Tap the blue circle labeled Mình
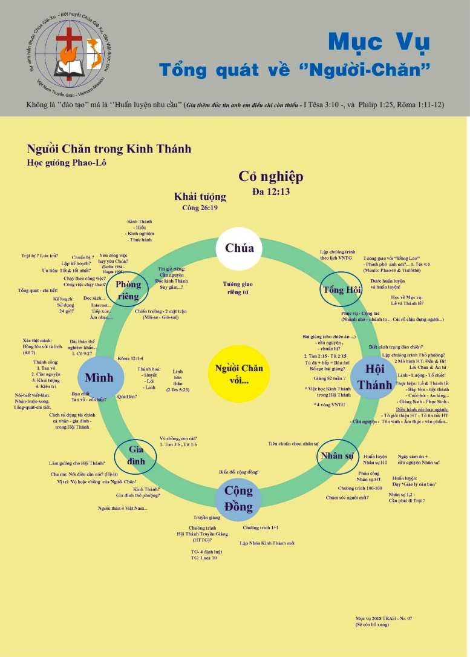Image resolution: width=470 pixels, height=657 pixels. click(99, 378)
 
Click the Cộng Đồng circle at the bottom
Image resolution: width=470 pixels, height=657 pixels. click(239, 496)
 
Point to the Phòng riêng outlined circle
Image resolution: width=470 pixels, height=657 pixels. click(128, 289)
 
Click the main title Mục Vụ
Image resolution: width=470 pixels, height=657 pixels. click(379, 42)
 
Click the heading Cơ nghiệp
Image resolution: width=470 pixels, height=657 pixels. click(270, 177)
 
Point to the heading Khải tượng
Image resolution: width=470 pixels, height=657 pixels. click(200, 197)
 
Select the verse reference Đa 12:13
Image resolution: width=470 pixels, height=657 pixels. click(270, 192)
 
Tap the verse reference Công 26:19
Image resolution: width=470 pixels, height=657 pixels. click(200, 208)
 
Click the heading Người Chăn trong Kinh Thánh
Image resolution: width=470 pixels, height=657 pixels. click(109, 149)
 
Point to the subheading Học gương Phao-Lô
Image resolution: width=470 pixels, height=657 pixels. click(67, 162)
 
